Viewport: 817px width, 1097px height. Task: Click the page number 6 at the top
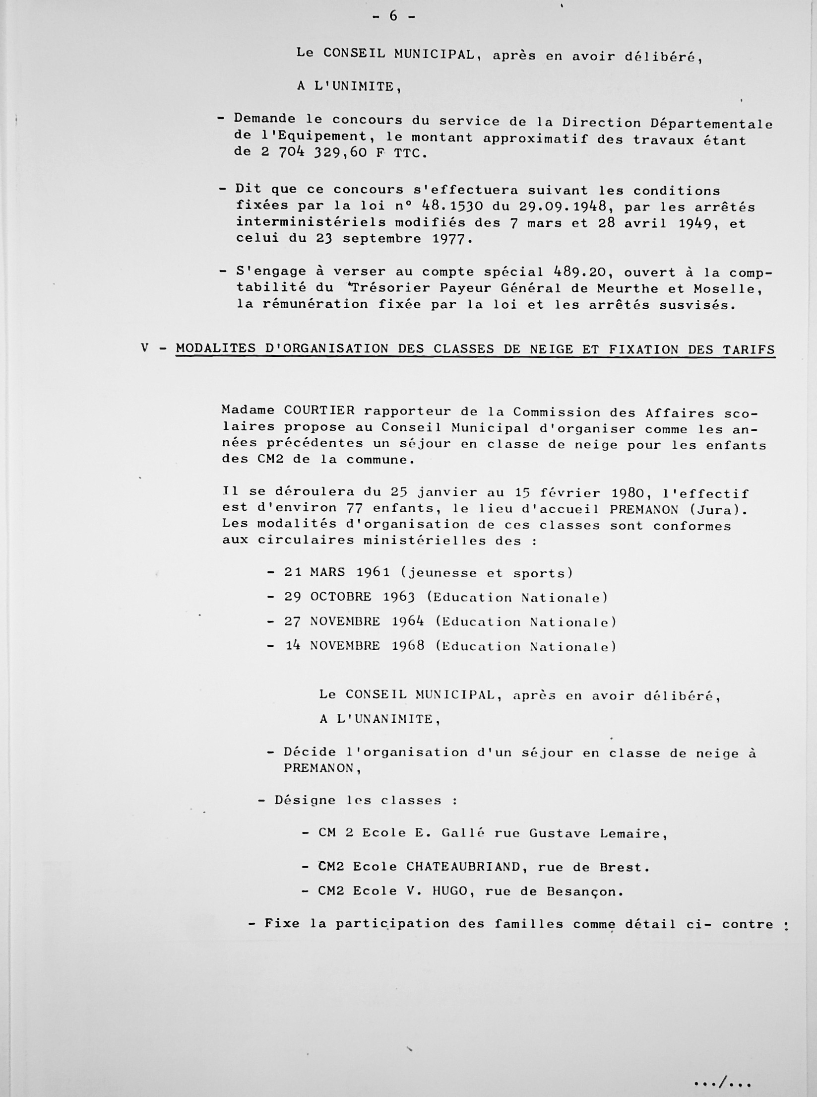click(x=393, y=16)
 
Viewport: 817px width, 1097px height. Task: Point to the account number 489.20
click(x=582, y=272)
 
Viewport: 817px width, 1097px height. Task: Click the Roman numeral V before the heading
click(x=144, y=348)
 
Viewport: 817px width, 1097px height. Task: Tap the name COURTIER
click(x=319, y=411)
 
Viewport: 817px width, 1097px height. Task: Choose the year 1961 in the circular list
click(x=374, y=572)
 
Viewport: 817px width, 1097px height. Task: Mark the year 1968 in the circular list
click(x=408, y=646)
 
